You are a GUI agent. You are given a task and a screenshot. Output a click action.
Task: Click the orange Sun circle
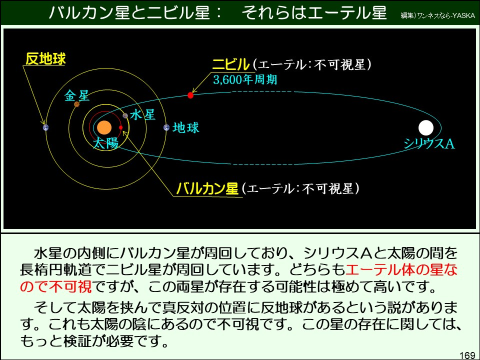coord(104,127)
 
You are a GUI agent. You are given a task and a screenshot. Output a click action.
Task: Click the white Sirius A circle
coord(425,127)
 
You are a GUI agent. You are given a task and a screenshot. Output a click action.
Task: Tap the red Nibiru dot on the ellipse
coord(190,95)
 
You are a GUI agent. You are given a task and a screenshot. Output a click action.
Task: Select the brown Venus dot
coord(76,104)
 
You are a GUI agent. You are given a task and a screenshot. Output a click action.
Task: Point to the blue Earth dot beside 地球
coord(166,127)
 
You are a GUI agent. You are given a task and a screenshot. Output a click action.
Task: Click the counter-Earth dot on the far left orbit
coord(45,127)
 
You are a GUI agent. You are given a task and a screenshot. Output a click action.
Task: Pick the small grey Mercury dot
coord(125,115)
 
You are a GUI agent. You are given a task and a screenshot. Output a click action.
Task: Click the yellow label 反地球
coord(45,59)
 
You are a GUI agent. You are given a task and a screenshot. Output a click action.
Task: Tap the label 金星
coord(76,95)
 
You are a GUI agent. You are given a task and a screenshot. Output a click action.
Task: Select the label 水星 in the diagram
coord(142,115)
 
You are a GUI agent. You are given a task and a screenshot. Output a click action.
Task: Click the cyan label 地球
coord(186,128)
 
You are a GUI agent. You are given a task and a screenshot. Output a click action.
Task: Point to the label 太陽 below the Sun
coord(105,143)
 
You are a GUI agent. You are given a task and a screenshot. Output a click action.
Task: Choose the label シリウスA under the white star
coord(429,144)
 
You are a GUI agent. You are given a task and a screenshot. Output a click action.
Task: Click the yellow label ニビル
coord(230,64)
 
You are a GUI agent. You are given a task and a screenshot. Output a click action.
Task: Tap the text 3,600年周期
coord(244,79)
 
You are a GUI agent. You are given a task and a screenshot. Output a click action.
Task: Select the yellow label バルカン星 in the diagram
coord(207,189)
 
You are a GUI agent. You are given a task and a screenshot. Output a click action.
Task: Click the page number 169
coord(466,355)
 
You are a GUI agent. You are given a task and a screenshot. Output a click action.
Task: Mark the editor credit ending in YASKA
coord(437,15)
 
